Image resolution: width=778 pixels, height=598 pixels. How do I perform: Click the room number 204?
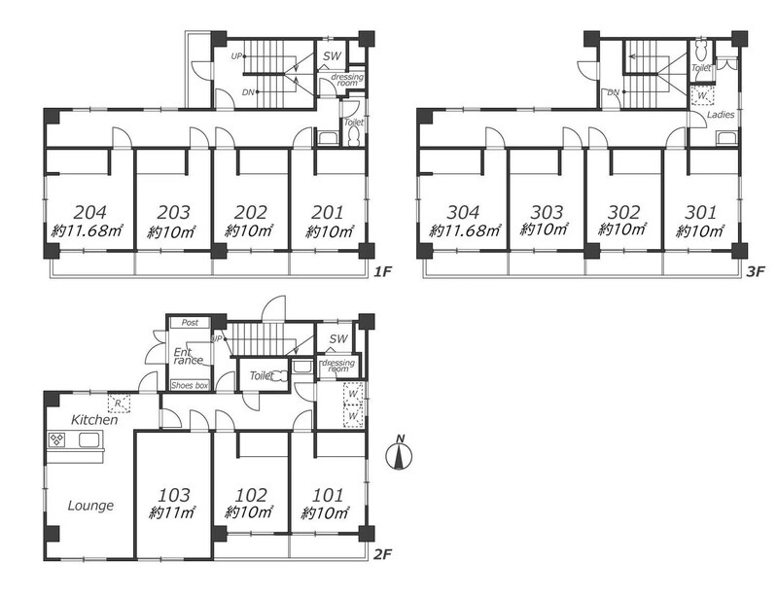89,212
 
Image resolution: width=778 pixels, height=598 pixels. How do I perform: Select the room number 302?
623,212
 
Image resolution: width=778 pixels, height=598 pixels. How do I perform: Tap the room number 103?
174,495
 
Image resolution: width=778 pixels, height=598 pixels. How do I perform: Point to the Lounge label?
90,506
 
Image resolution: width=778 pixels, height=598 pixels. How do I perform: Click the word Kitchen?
94,420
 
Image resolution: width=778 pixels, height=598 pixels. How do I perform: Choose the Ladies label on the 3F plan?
721,115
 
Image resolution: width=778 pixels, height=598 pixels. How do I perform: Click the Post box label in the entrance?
190,323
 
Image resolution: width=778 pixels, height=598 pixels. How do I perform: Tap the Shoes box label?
190,386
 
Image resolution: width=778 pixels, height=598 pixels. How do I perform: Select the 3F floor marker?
757,271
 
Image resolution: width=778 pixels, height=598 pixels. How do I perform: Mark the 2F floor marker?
382,554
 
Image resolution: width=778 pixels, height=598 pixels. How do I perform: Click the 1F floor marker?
383,271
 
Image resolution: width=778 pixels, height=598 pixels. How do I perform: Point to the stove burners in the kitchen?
56,440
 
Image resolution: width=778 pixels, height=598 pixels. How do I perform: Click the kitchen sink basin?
88,440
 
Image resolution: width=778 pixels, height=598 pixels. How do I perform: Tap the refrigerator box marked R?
119,403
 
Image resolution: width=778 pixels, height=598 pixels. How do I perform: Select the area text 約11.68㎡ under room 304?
465,230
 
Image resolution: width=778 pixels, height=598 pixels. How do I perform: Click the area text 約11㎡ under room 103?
172,513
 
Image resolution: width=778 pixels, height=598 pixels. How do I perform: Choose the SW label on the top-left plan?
332,56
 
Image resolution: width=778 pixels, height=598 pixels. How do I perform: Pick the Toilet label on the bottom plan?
262,375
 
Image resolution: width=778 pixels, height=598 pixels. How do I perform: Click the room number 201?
328,212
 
